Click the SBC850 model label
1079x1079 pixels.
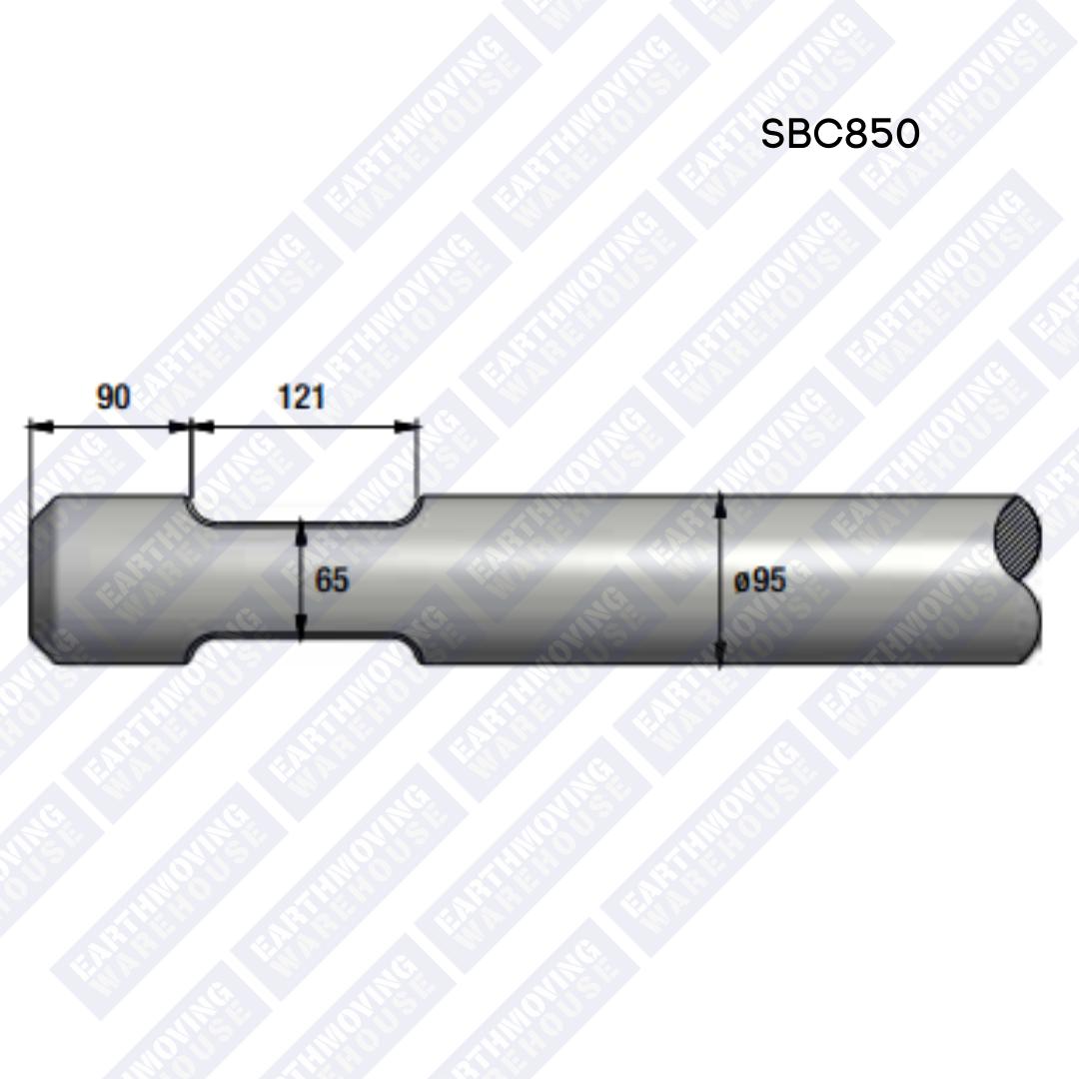click(839, 134)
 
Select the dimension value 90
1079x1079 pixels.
click(113, 397)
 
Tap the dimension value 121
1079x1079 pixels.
click(301, 397)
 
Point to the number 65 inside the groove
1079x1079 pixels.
click(332, 579)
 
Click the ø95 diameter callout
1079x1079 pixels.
click(760, 579)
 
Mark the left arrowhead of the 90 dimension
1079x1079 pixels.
click(38, 427)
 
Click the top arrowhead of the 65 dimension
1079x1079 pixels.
click(301, 530)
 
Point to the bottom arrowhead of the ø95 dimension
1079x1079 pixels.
click(720, 656)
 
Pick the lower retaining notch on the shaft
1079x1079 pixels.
click(305, 649)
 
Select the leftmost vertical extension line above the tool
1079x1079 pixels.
click(30, 460)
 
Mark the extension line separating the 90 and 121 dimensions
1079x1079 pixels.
click(190, 460)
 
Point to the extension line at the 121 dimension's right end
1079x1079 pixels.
click(419, 460)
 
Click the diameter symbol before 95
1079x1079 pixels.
click(741, 580)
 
